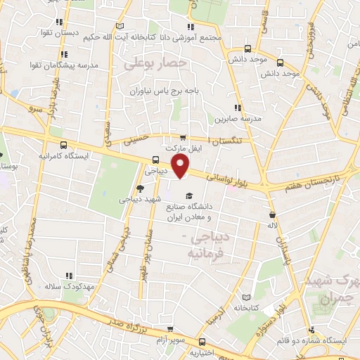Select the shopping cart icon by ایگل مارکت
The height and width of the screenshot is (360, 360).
[x=183, y=138]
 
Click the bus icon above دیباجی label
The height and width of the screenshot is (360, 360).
[x=156, y=159]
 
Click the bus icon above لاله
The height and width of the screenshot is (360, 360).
[x=272, y=215]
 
